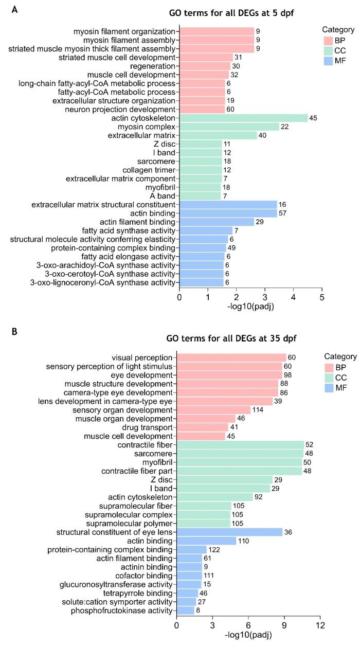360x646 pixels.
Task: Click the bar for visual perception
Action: (231, 357)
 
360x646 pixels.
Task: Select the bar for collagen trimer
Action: (201, 170)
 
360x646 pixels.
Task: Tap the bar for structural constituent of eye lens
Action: (229, 532)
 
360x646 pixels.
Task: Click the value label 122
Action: (216, 549)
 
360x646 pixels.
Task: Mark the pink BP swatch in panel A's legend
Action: (329, 41)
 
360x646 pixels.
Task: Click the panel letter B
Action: (14, 332)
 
